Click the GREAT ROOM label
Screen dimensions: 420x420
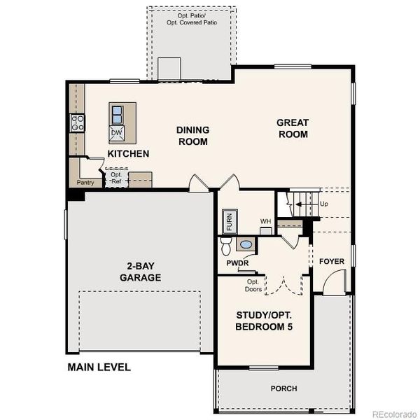pos(293,128)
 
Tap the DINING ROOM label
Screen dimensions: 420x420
pos(192,135)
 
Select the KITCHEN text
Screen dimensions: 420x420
pos(128,153)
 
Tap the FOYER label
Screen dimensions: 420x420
pos(332,262)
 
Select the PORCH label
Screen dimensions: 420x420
pos(283,388)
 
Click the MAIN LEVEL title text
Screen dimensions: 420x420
pos(99,367)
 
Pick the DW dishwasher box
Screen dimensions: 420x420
pos(117,132)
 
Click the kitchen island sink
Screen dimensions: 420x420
pos(118,113)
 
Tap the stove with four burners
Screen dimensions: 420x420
pos(77,124)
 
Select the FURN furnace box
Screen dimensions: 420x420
pos(229,222)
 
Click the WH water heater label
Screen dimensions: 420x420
pos(265,222)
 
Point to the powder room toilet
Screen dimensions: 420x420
pos(225,246)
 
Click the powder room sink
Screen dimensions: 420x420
pos(246,244)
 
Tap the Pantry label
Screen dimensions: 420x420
pos(85,183)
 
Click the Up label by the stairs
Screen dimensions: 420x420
pos(323,204)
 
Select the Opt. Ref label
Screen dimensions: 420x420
pos(116,178)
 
